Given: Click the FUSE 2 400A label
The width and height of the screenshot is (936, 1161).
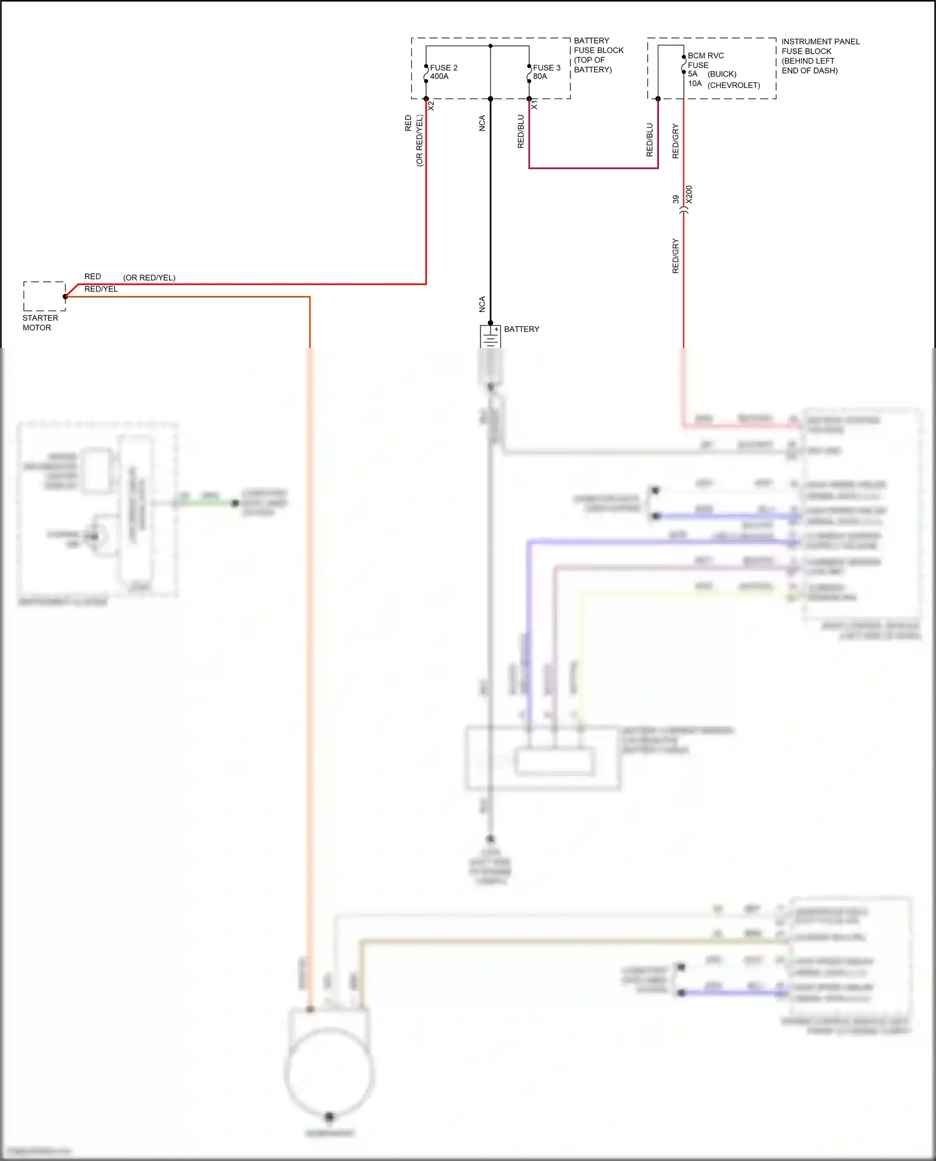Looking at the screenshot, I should tap(443, 72).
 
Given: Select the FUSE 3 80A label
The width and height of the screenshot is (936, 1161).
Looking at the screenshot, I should tap(546, 72).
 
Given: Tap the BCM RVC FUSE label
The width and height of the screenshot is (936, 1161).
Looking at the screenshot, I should tap(705, 60).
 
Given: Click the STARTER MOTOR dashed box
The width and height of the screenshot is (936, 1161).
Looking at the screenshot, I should tap(44, 296).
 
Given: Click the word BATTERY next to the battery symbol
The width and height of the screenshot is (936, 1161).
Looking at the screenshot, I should tap(522, 329).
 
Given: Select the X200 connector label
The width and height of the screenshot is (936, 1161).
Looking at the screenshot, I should tap(689, 195).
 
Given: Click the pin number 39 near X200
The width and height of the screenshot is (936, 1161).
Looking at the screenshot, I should tap(676, 200).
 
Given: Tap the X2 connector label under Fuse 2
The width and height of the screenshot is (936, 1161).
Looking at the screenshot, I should tap(431, 106).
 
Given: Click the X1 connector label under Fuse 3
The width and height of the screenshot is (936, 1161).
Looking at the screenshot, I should tap(534, 105).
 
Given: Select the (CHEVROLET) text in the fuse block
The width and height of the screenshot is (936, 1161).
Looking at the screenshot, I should tap(733, 85).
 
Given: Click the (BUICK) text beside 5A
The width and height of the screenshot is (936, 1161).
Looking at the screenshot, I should tap(721, 74).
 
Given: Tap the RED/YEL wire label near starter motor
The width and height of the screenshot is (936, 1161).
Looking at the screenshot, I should tap(100, 289).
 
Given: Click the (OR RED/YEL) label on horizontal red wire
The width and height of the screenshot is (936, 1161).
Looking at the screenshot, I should tap(149, 278).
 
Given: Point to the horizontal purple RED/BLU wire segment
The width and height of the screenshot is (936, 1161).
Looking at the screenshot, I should tap(593, 168).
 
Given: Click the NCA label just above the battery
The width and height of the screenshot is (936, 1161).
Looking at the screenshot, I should tap(482, 304).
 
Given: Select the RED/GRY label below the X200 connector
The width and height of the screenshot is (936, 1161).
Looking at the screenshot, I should tap(675, 256).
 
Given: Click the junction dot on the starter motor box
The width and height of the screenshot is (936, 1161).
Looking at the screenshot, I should tap(65, 296).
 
